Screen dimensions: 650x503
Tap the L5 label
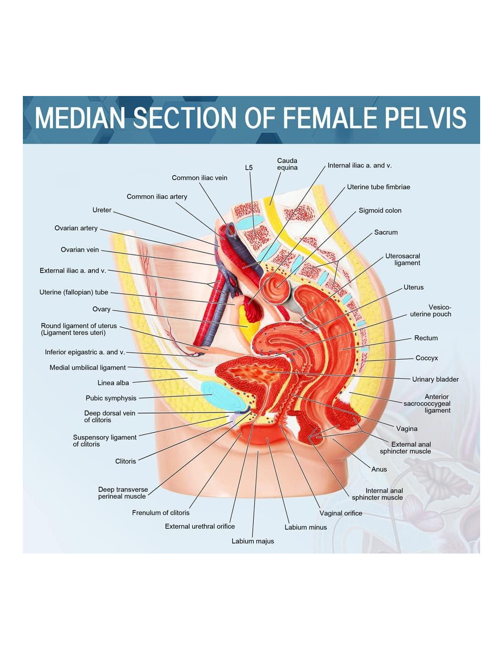click(249, 168)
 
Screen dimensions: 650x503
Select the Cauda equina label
click(287, 164)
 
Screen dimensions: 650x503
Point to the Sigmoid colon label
click(380, 211)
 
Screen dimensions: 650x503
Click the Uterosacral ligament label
click(402, 259)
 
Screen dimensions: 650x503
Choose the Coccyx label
click(427, 358)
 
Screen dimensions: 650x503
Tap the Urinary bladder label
click(435, 379)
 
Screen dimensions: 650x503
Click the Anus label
click(379, 469)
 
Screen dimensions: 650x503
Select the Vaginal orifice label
click(341, 513)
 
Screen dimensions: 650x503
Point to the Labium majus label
click(253, 541)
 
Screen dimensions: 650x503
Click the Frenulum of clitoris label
click(161, 513)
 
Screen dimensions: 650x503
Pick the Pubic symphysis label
click(111, 398)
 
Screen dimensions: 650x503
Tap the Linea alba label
click(113, 383)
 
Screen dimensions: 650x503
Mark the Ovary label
click(102, 309)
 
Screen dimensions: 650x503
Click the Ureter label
click(102, 210)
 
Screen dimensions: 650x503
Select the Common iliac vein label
click(199, 178)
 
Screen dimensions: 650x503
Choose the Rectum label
click(426, 338)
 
